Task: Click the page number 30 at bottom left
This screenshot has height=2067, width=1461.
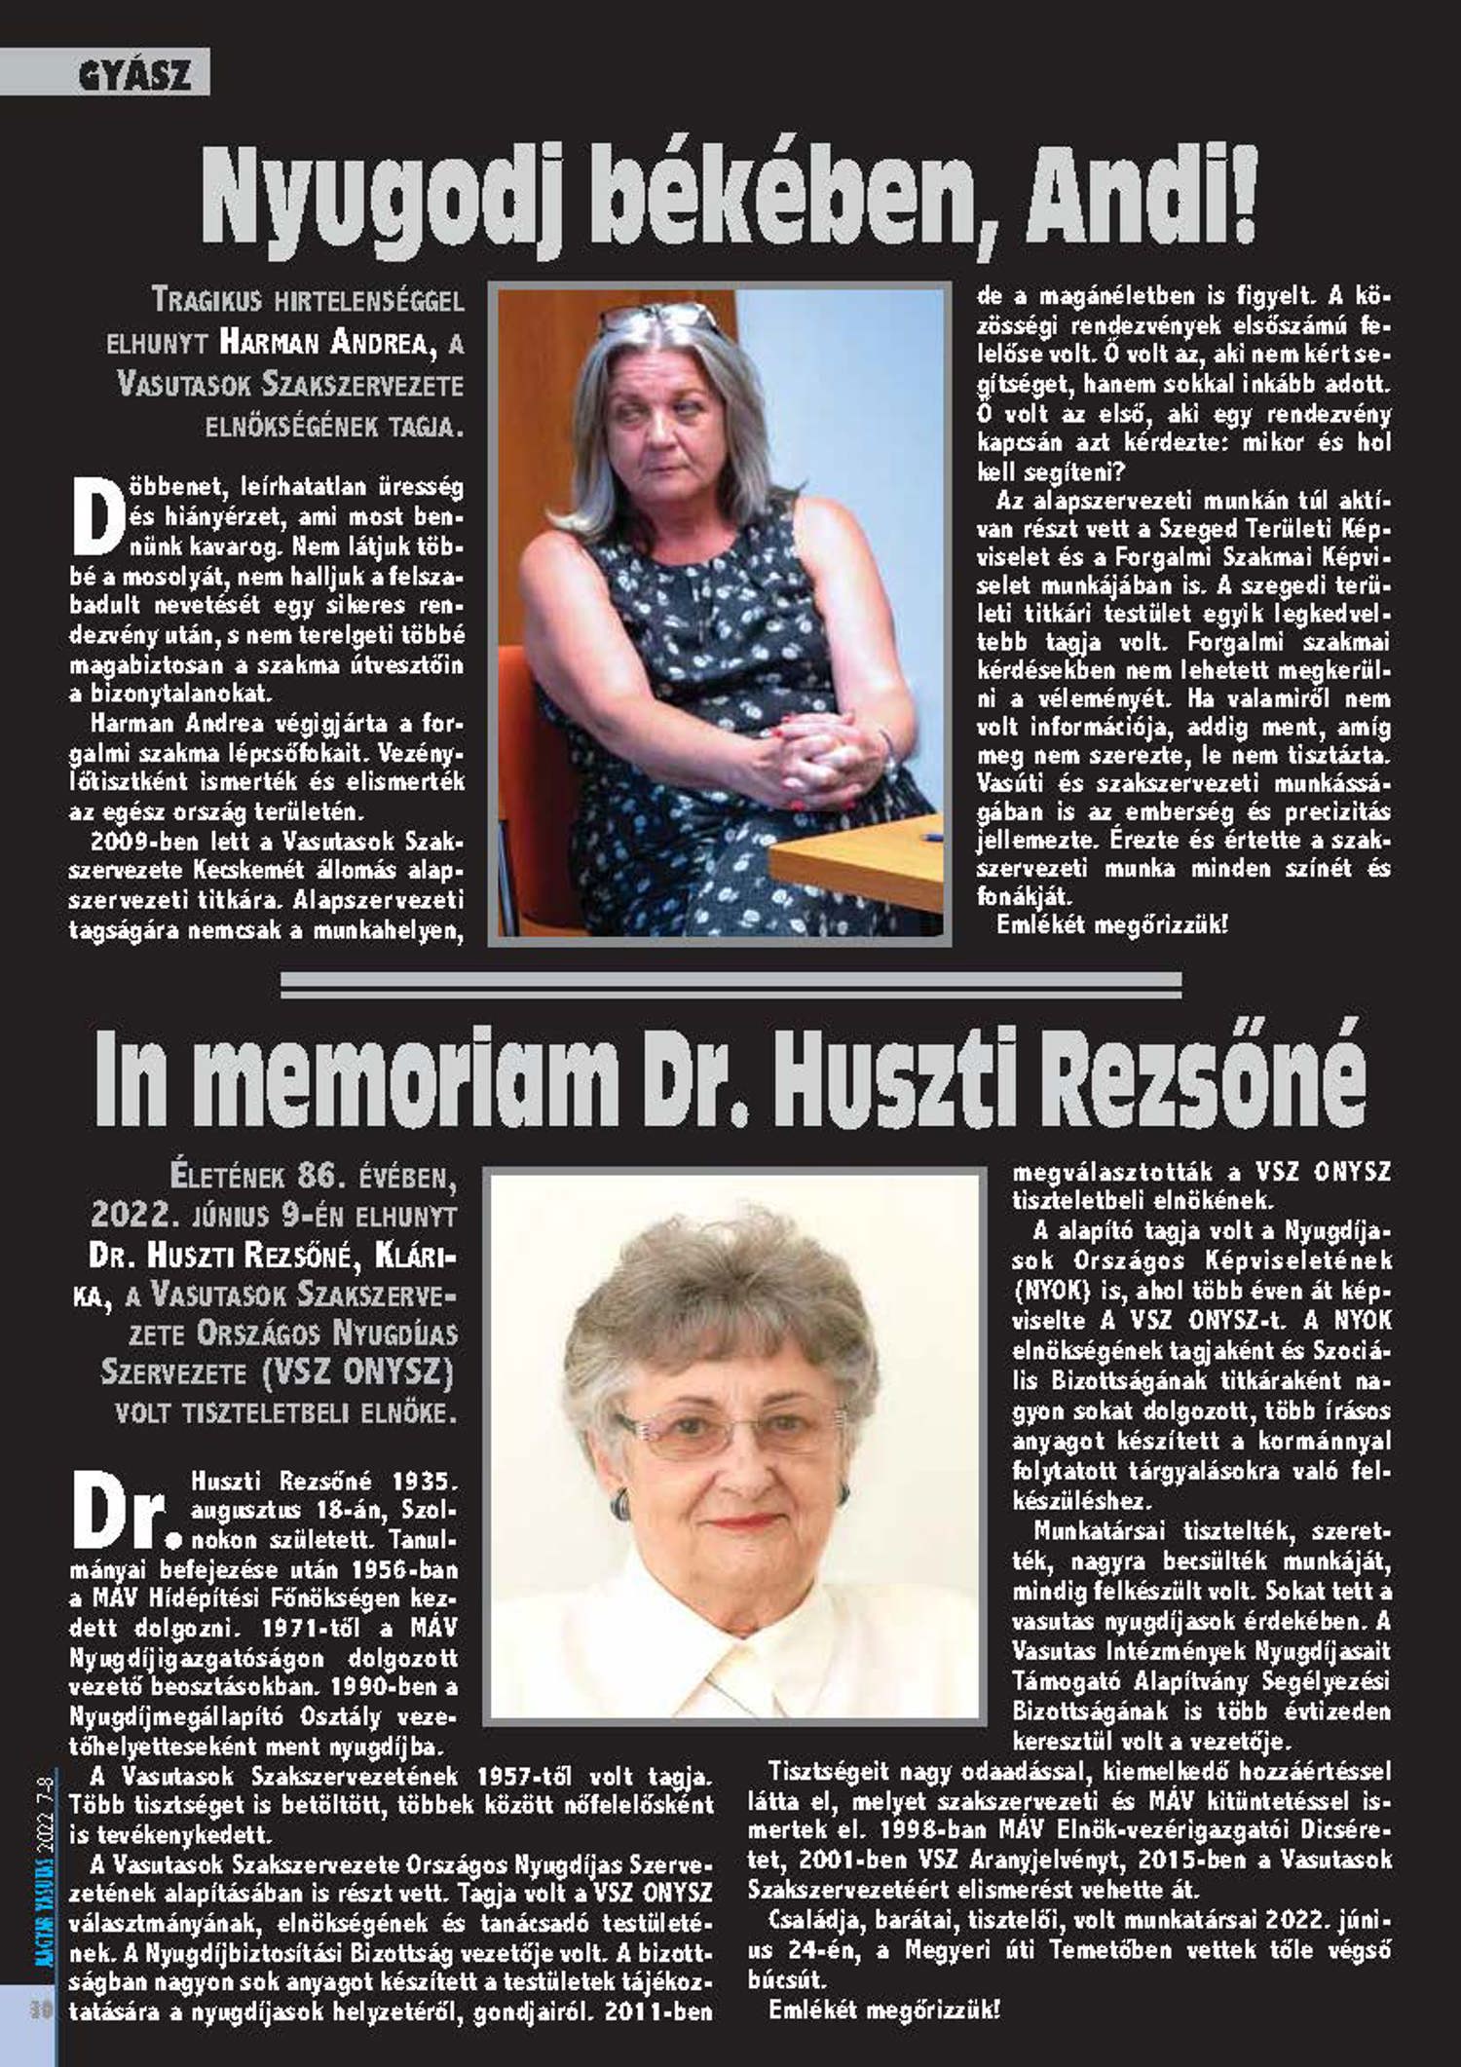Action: (40, 2010)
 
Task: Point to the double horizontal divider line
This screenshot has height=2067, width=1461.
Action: (730, 985)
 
